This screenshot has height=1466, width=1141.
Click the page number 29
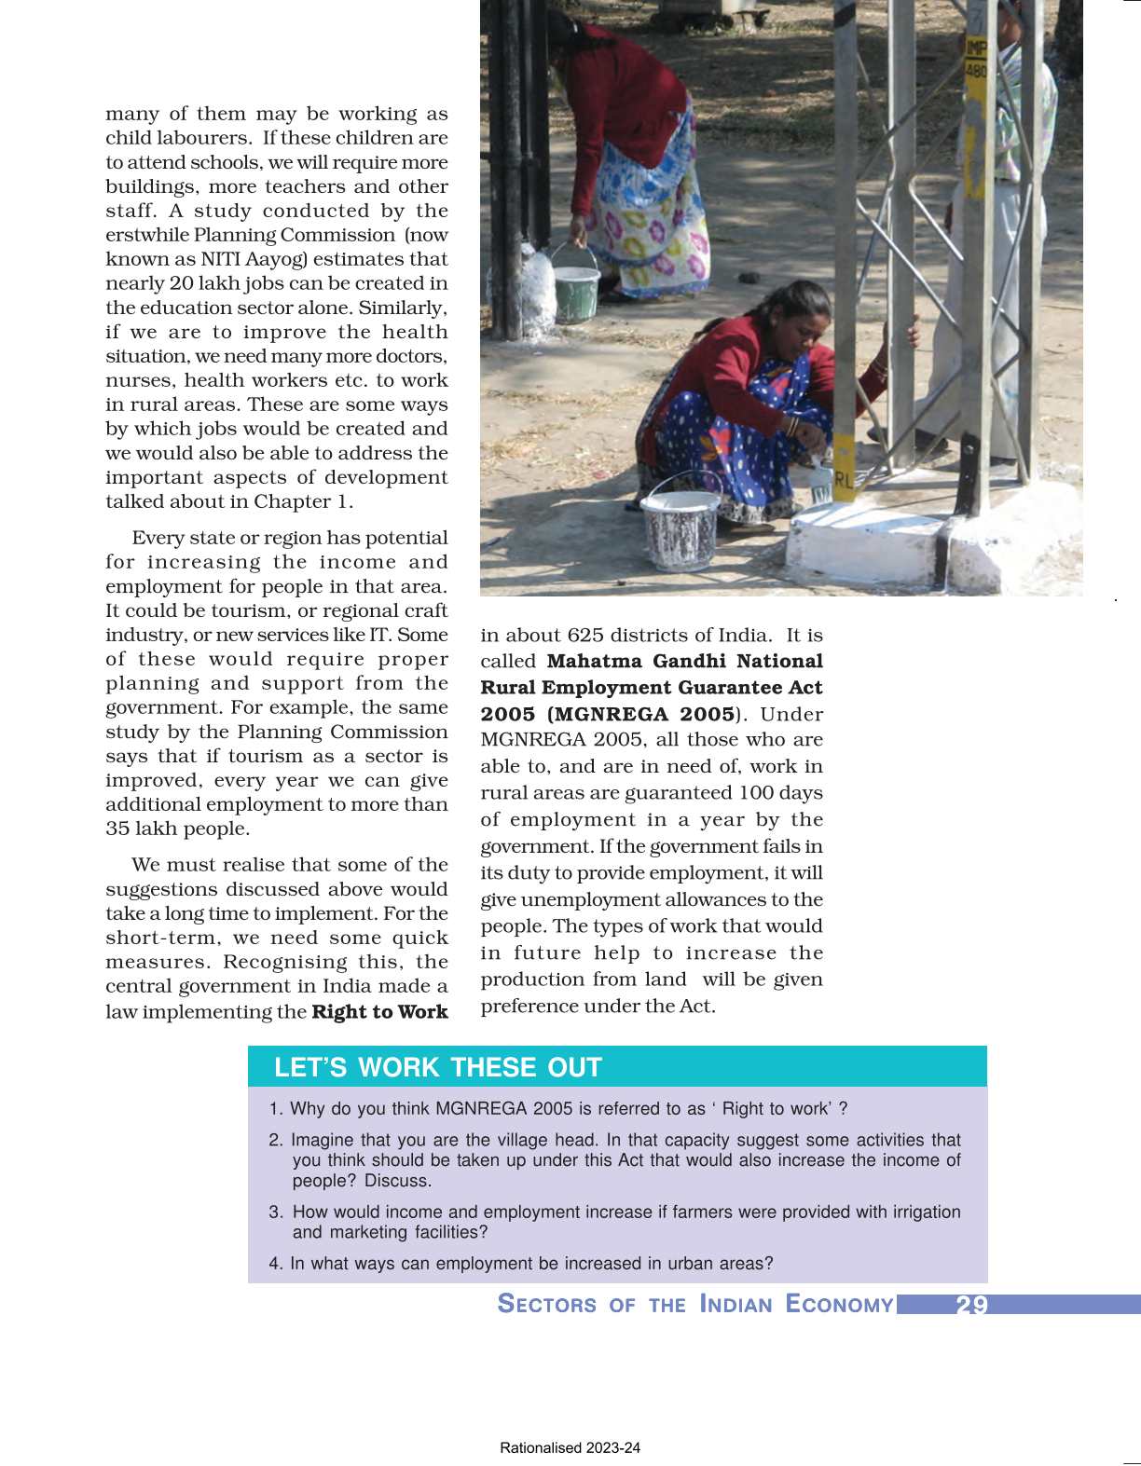pyautogui.click(x=971, y=1305)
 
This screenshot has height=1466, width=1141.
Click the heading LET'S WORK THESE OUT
pyautogui.click(x=438, y=1067)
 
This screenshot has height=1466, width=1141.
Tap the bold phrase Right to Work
pyautogui.click(x=379, y=1012)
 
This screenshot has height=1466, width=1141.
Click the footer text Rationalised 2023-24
pyautogui.click(x=570, y=1448)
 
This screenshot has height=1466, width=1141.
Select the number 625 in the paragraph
pyautogui.click(x=587, y=636)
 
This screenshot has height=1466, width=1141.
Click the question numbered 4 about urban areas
pyautogui.click(x=521, y=1264)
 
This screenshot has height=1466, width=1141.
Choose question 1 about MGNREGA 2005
pyautogui.click(x=558, y=1109)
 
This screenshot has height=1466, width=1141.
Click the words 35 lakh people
pyautogui.click(x=177, y=829)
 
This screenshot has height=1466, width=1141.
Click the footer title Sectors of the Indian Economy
pyautogui.click(x=695, y=1304)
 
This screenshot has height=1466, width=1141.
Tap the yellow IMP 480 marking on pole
pyautogui.click(x=976, y=59)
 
